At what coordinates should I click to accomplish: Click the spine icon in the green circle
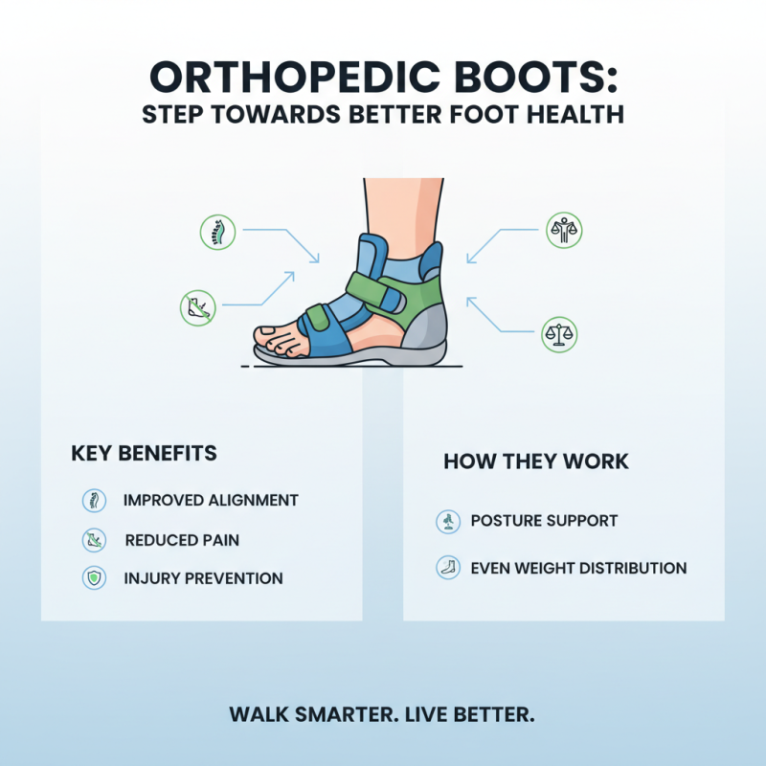216,233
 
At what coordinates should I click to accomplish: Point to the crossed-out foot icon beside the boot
197,306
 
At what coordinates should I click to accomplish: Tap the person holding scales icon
564,230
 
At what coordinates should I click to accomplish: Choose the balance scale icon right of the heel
560,332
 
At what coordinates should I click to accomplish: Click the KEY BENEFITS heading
144,453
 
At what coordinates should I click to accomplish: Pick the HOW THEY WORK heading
536,462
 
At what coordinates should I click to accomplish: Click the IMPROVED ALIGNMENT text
211,501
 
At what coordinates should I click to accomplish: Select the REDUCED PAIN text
182,540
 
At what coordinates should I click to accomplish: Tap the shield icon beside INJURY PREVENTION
94,577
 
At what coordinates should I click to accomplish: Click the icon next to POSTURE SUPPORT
446,522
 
